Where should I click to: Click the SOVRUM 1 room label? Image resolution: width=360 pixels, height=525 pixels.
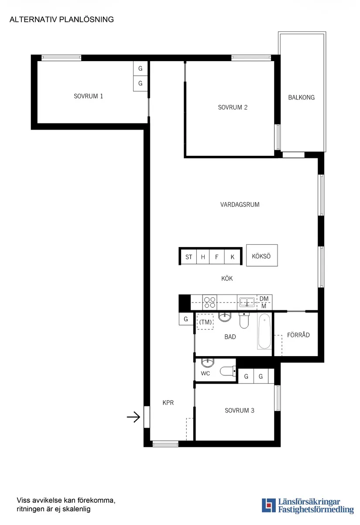[x=89, y=96]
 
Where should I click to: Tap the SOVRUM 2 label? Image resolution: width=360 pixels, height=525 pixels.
[x=233, y=107]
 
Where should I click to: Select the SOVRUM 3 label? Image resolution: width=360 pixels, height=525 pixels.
[x=240, y=411]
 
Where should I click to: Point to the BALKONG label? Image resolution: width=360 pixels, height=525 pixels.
[x=301, y=98]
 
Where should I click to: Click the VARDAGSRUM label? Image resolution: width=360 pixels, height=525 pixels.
[x=240, y=204]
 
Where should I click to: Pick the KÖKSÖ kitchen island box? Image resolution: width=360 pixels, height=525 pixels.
[x=261, y=256]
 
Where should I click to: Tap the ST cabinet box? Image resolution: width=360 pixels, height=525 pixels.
[x=189, y=257]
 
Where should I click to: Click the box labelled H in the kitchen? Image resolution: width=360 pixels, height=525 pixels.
[x=203, y=257]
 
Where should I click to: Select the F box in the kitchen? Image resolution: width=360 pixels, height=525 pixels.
[x=217, y=257]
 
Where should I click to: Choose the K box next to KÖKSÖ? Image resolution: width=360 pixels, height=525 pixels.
[x=233, y=257]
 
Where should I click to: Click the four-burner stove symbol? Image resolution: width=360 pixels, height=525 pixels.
[x=210, y=303]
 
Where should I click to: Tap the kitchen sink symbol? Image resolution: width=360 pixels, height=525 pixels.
[x=247, y=302]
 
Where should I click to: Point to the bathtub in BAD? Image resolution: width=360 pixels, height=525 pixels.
[x=264, y=333]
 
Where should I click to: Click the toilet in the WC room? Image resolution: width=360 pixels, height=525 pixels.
[x=227, y=371]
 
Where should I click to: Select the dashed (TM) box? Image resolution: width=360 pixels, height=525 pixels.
[x=205, y=322]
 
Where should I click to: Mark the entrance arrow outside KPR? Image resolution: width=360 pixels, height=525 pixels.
[x=133, y=418]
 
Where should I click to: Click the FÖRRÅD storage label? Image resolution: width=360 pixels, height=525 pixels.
[x=298, y=335]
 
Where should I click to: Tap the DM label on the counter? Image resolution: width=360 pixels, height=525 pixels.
[x=264, y=299]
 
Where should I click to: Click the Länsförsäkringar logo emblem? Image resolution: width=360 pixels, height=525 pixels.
[x=268, y=505]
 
